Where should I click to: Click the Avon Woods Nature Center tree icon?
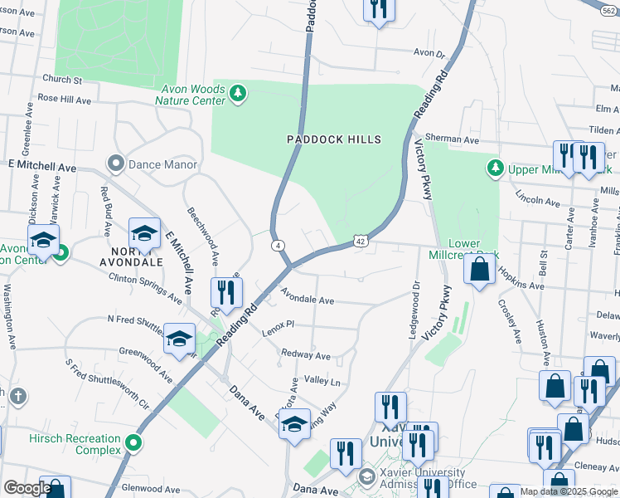tap(238, 93)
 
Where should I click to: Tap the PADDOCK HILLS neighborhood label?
tap(334, 139)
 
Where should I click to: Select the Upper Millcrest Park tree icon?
tap(495, 168)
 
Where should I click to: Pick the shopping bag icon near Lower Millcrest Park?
tap(480, 269)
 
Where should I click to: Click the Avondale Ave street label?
tap(307, 296)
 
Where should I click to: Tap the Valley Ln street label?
tap(322, 380)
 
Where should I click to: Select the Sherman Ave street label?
tap(452, 140)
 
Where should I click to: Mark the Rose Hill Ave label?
tap(64, 99)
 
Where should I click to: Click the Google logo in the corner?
tap(27, 488)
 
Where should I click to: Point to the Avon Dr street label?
tap(429, 53)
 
